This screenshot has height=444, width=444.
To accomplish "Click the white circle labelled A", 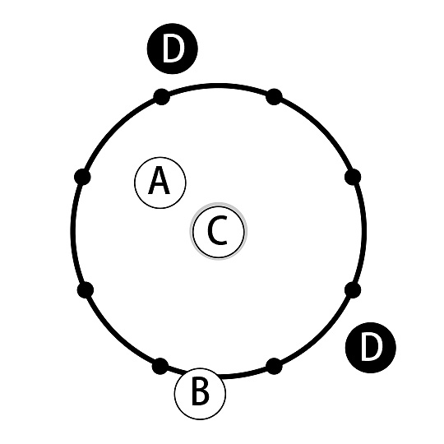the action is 160,183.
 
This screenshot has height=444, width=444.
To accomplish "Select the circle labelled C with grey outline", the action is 219,231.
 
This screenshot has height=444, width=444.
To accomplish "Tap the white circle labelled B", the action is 200,394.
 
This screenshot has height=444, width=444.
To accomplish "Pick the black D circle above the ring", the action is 172,49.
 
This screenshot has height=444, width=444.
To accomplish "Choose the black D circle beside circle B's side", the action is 371,348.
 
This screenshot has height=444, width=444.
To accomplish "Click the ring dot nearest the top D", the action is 161,97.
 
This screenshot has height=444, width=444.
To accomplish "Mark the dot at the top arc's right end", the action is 274,97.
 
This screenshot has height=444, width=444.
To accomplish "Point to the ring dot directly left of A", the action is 82,177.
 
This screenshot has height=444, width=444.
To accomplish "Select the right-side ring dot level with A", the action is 353,177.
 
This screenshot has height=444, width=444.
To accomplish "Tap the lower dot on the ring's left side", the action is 86,290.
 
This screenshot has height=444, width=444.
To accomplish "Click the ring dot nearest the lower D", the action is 353,290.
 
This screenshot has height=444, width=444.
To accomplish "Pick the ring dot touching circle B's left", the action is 160,366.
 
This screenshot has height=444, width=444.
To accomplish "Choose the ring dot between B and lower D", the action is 274,366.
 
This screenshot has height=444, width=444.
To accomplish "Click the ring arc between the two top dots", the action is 218,86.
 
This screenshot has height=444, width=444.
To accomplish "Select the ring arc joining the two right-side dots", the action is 364,232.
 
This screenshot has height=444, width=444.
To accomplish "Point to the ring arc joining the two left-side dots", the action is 73,232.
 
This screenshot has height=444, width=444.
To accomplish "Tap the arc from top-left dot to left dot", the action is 116,131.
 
